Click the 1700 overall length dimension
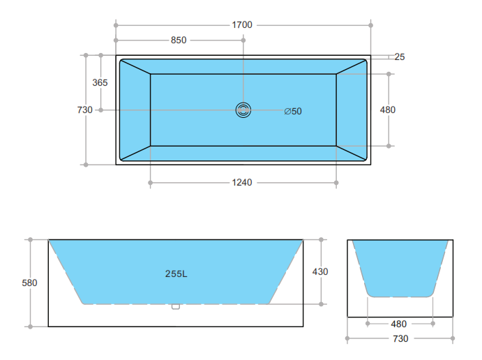[242, 25]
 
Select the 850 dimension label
[179, 40]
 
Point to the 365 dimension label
[100, 83]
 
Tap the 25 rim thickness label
[399, 57]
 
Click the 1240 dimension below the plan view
[242, 183]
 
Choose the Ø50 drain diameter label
[293, 112]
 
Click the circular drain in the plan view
[243, 110]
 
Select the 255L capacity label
[176, 273]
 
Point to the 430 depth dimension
[320, 272]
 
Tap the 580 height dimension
[29, 283]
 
